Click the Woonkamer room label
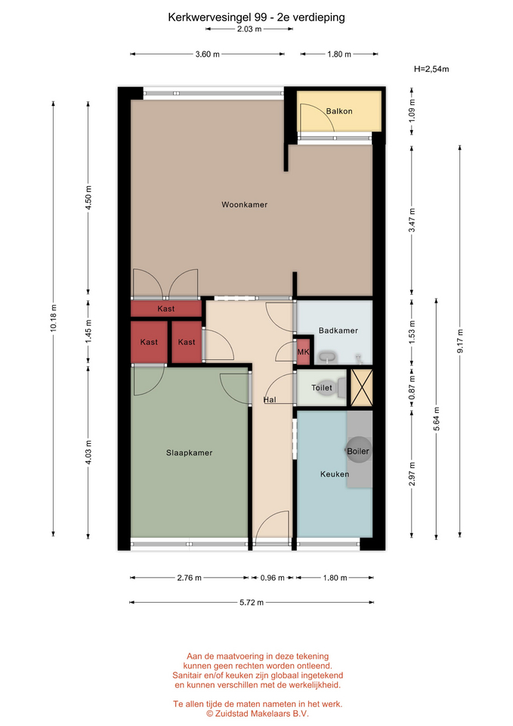pyautogui.click(x=244, y=205)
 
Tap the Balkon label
pyautogui.click(x=339, y=111)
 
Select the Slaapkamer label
pyautogui.click(x=189, y=453)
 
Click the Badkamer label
pyautogui.click(x=338, y=330)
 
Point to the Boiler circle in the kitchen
pyautogui.click(x=359, y=450)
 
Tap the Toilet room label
pyautogui.click(x=322, y=387)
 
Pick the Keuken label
pyautogui.click(x=335, y=474)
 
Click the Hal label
pyautogui.click(x=270, y=399)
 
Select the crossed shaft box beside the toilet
pyautogui.click(x=361, y=387)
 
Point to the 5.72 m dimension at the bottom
pyautogui.click(x=252, y=603)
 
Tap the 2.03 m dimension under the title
pyautogui.click(x=249, y=29)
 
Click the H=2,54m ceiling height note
pyautogui.click(x=431, y=69)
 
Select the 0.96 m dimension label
pyautogui.click(x=273, y=578)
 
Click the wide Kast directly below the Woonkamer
pyautogui.click(x=166, y=309)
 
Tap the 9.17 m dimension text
pyautogui.click(x=460, y=341)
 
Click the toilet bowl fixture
pyautogui.click(x=341, y=388)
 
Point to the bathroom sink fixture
pyautogui.click(x=327, y=358)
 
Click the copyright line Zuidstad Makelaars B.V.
pyautogui.click(x=257, y=713)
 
